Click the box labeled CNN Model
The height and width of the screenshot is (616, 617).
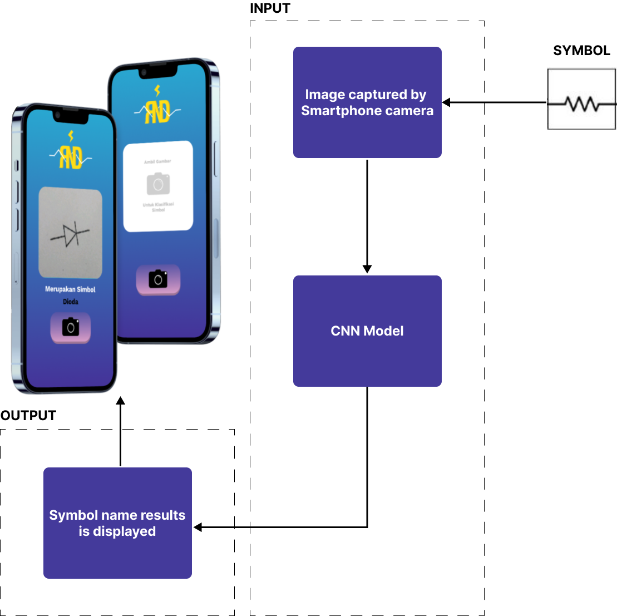pyautogui.click(x=367, y=331)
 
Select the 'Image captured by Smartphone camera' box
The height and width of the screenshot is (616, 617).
pyautogui.click(x=367, y=102)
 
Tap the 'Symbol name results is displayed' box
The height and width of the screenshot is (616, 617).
pyautogui.click(x=117, y=523)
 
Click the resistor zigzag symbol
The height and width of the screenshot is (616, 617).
pyautogui.click(x=581, y=104)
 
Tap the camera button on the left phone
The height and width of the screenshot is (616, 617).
pyautogui.click(x=71, y=328)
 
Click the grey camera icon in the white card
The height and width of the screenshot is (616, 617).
pyautogui.click(x=158, y=184)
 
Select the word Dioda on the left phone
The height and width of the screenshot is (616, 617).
pyautogui.click(x=70, y=302)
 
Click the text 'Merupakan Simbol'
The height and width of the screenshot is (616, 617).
pyautogui.click(x=70, y=289)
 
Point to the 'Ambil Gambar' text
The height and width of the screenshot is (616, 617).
pyautogui.click(x=157, y=161)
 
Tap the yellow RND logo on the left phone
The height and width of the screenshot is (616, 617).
pyautogui.click(x=71, y=157)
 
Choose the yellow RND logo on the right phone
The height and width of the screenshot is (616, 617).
pyautogui.click(x=157, y=112)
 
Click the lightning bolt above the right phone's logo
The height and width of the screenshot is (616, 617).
pyautogui.click(x=157, y=90)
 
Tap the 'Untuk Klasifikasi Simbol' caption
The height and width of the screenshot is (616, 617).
pyautogui.click(x=158, y=207)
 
